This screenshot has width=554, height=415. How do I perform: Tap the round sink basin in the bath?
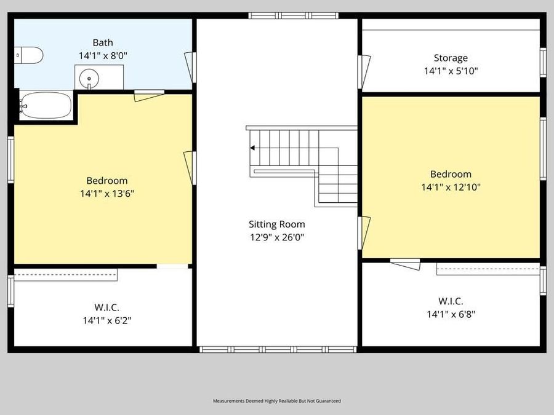89,78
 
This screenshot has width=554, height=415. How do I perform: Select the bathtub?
46,105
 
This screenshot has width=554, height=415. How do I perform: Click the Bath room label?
103,42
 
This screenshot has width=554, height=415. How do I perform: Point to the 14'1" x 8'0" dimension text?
103,56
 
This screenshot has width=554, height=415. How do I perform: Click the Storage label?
451,58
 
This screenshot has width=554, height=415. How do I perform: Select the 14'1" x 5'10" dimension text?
451,71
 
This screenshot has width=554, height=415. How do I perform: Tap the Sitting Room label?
276,224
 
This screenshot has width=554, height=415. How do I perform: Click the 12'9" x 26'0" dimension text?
276,237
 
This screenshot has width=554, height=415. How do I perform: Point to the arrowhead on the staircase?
252,148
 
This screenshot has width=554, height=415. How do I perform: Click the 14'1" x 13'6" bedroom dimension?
107,194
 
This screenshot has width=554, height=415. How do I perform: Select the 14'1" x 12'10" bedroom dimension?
451,187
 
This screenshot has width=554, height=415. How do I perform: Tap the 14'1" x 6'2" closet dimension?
107,320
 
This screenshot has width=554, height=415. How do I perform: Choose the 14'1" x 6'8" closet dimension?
451,314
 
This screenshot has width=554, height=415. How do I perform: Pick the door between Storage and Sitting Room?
364,72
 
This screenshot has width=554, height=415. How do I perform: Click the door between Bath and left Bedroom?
149,96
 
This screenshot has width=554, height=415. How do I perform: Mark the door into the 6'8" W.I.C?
406,264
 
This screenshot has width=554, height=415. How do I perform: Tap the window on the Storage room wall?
543,62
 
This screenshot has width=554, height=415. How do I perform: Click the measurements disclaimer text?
276,401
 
